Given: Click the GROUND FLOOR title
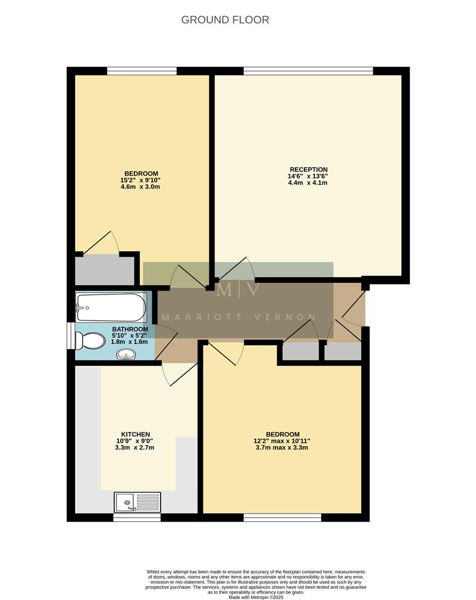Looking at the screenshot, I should tap(225, 20).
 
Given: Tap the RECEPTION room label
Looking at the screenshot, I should tap(308, 169).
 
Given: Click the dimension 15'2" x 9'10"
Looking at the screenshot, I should tap(141, 180).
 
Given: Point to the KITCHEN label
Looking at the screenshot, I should tap(136, 434).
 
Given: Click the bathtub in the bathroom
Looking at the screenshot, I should tap(111, 307).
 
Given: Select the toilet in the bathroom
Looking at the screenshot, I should tap(90, 341).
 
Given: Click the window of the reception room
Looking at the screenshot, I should tap(308, 71).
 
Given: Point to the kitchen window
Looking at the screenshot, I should tap(137, 517).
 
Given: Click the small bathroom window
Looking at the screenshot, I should tap(70, 336).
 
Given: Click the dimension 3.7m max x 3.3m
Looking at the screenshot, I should tap(282, 447).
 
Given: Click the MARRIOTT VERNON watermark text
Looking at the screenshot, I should tap(238, 317).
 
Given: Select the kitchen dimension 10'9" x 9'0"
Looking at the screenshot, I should tap(136, 441).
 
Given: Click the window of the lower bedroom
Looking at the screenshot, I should tap(282, 517).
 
